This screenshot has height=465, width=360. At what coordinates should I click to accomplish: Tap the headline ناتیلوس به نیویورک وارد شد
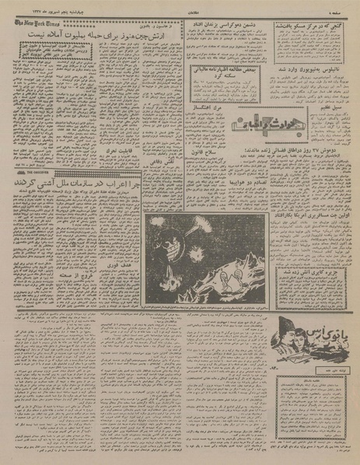click(x=312, y=90)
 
